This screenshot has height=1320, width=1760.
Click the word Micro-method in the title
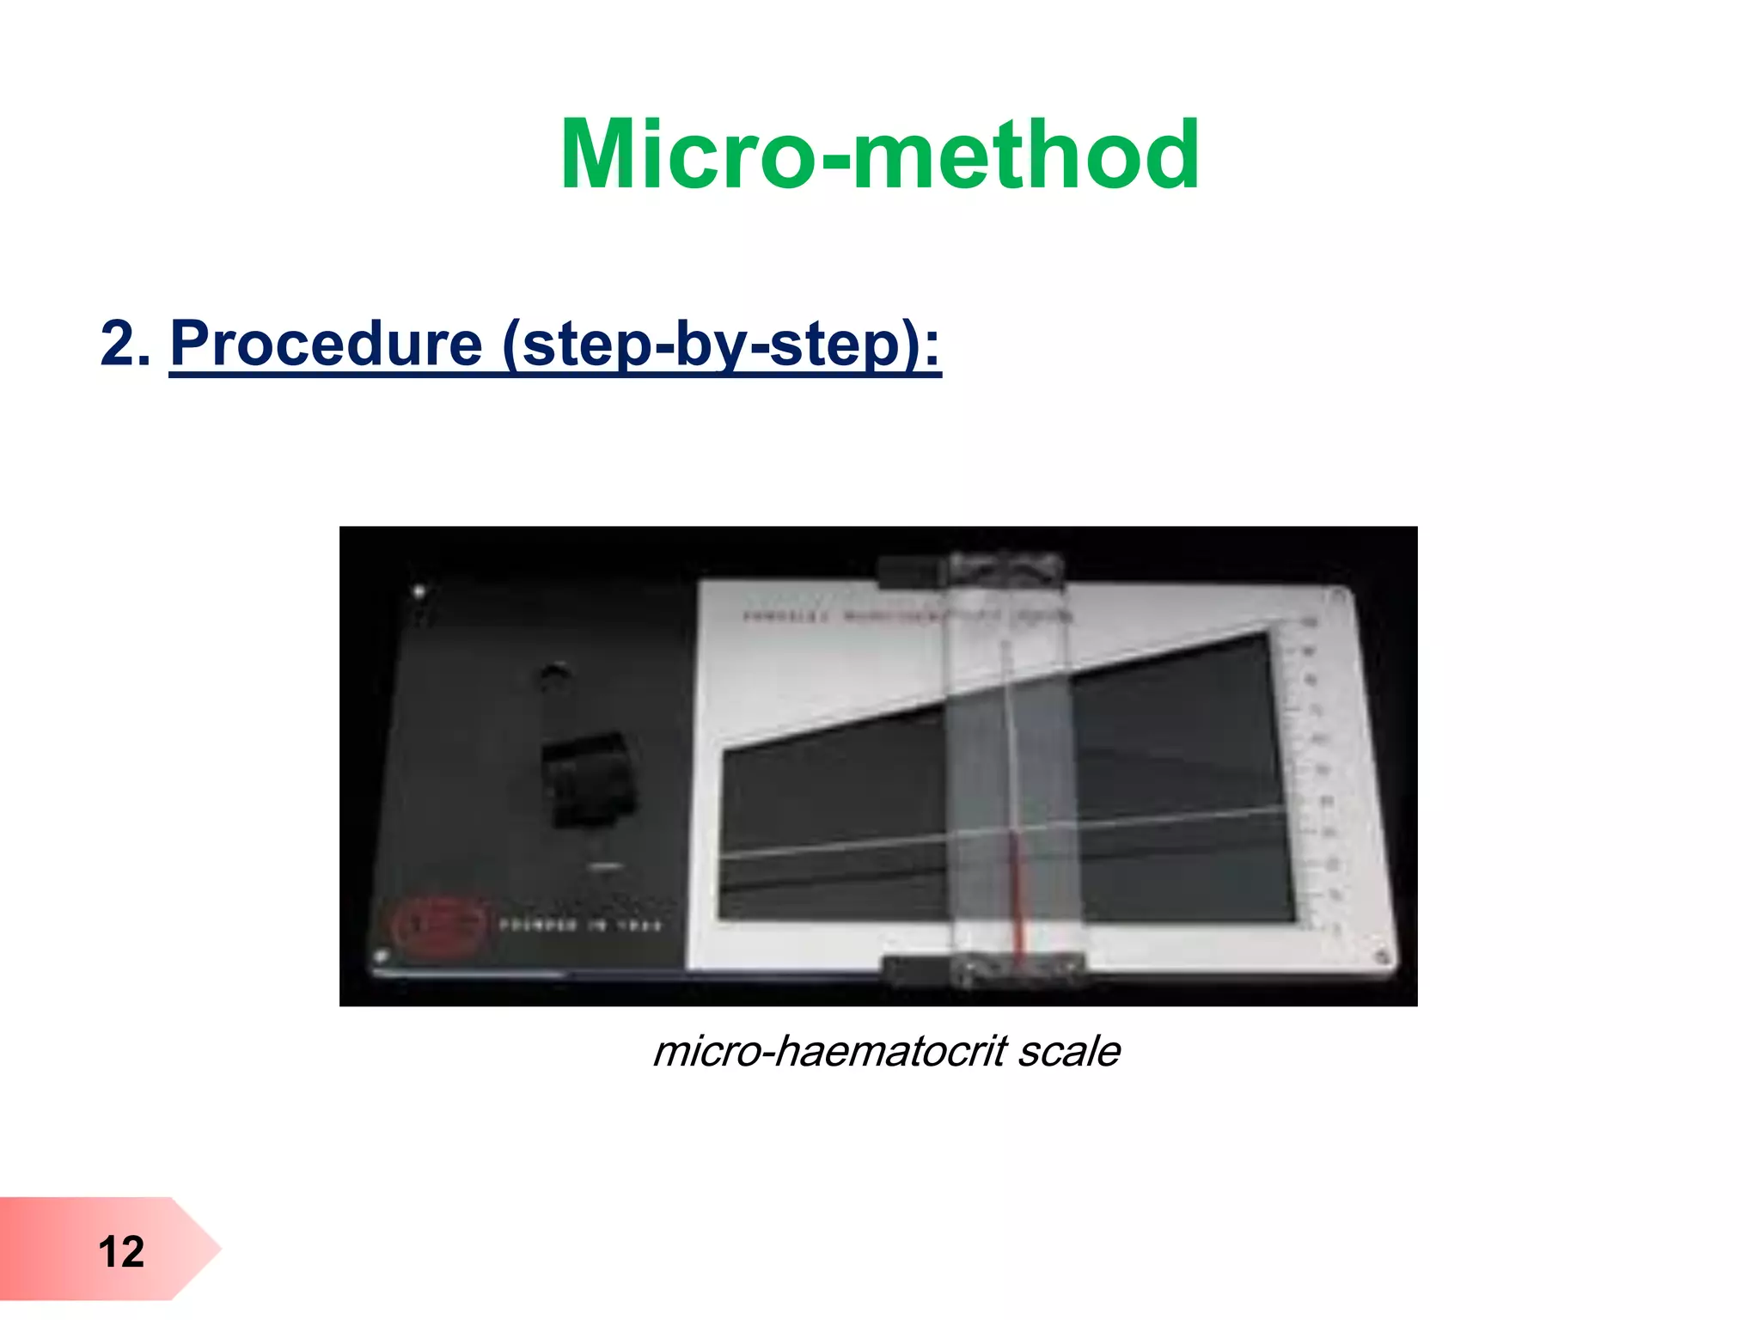click(879, 155)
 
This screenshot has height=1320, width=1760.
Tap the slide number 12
click(121, 1251)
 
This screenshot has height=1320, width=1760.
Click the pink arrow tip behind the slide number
click(202, 1249)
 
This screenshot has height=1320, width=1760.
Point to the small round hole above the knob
click(553, 674)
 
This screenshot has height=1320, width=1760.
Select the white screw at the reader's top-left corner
click(419, 592)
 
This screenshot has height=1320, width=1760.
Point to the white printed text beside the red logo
click(581, 926)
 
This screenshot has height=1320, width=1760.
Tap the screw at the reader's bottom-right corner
click(1381, 956)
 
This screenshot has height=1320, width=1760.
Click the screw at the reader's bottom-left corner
click(382, 956)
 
